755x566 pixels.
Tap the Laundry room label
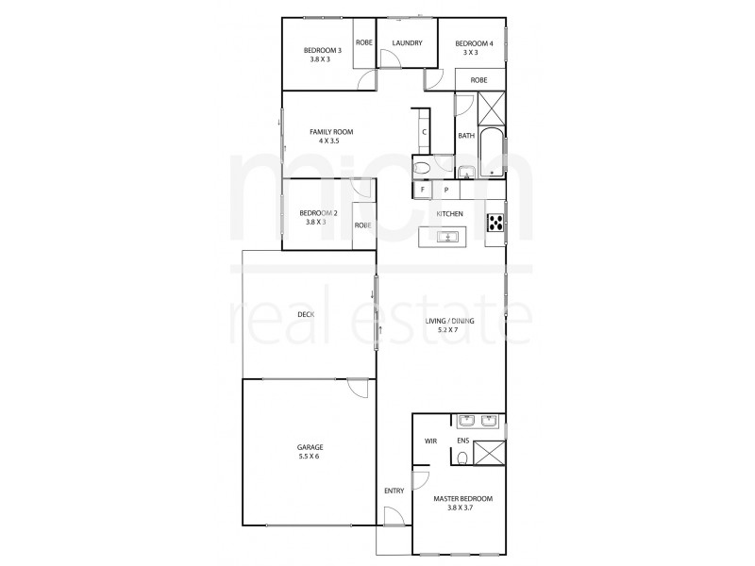coord(407,43)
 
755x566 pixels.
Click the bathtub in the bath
coord(493,153)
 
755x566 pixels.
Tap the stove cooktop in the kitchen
coord(495,223)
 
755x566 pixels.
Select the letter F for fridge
coord(423,190)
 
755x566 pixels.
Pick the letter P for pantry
coord(446,190)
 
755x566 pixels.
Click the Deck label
coord(305,314)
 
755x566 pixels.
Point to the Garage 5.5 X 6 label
coord(310,451)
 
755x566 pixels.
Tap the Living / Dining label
coord(456,325)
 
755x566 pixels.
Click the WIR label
coord(430,441)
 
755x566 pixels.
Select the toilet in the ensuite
coord(461,458)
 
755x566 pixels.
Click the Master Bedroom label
coord(462,503)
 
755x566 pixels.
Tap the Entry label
coord(394,491)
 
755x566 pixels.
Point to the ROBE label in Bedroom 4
coord(478,80)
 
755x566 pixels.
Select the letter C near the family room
coord(425,132)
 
